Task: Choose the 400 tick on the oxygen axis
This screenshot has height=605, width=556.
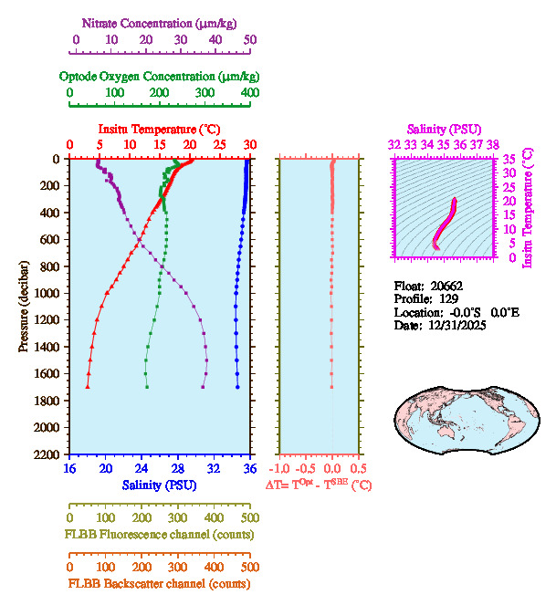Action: tap(249, 93)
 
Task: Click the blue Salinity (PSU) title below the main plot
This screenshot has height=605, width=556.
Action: tap(160, 485)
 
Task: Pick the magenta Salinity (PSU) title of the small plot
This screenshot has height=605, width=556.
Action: tap(444, 130)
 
